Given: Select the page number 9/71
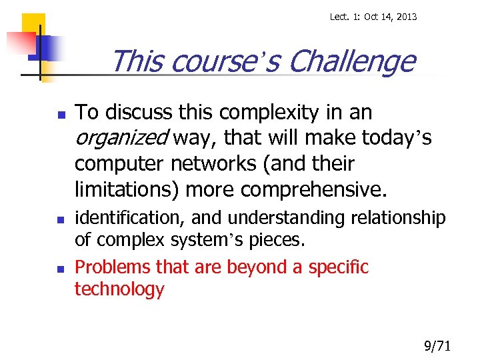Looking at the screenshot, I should pos(438,345).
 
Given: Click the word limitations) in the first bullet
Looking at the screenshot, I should pos(127,190).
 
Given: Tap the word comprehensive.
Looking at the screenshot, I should pos(313,190).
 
